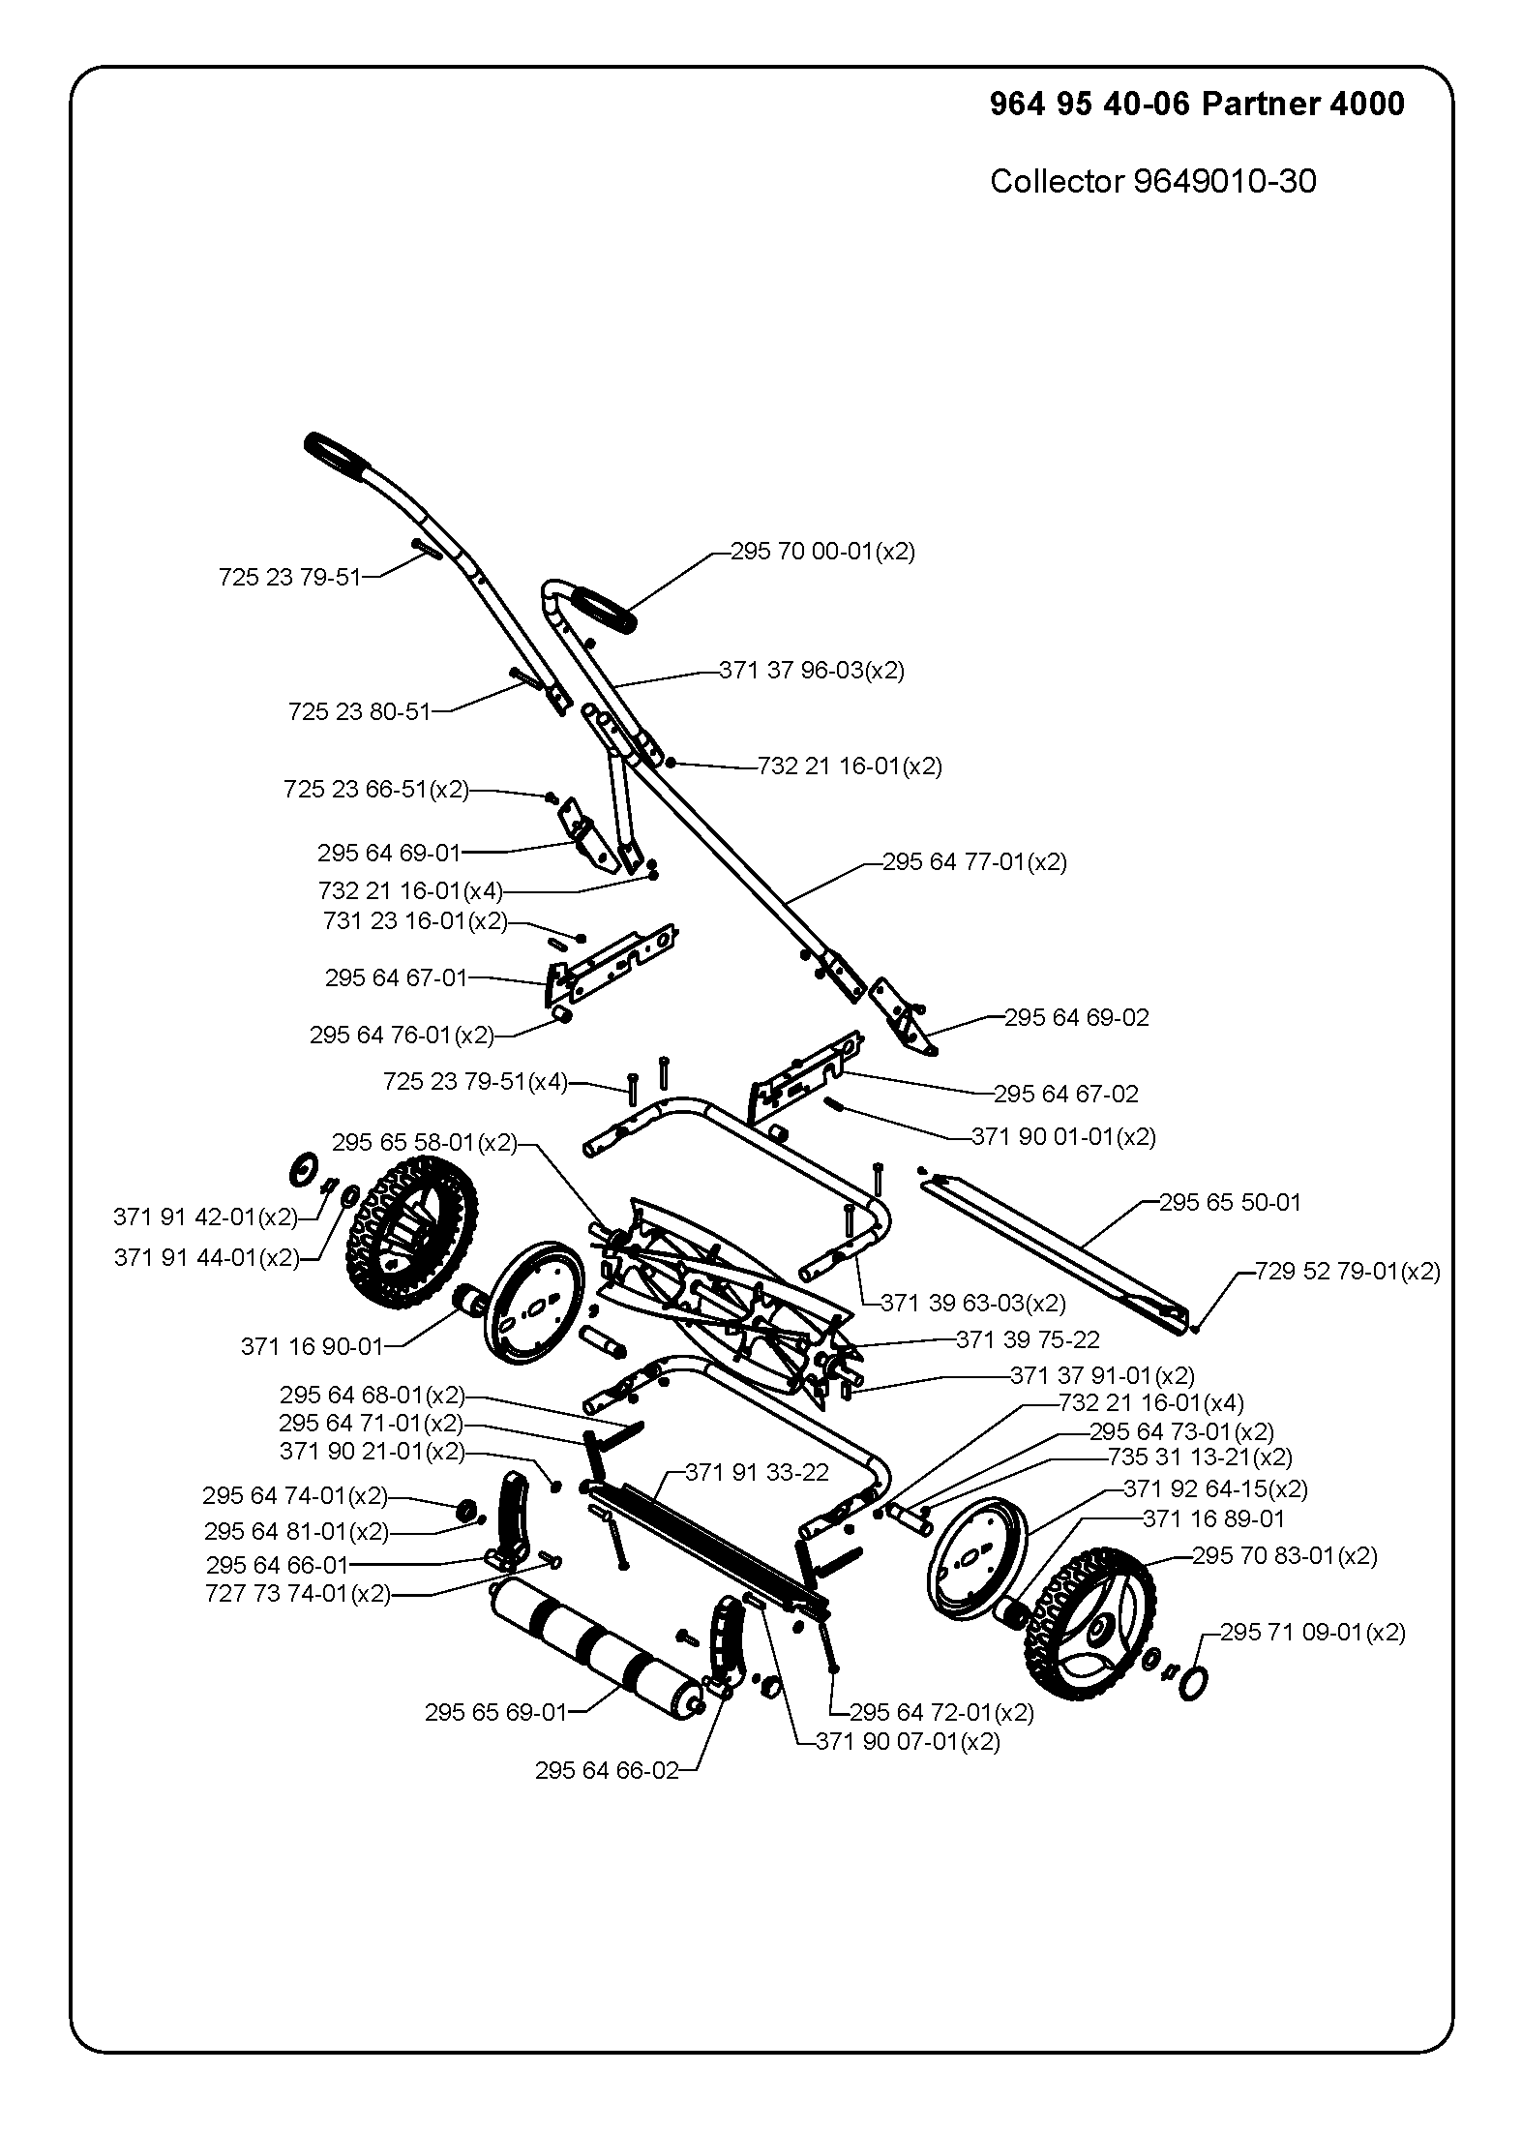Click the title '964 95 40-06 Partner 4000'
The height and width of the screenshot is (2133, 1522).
[x=1197, y=104]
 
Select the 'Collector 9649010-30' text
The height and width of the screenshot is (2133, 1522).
[x=1152, y=181]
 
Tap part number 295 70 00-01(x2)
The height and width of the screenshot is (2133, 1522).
[x=822, y=552]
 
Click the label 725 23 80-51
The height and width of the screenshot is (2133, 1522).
[x=359, y=712]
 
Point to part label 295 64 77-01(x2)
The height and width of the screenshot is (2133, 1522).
[x=974, y=861]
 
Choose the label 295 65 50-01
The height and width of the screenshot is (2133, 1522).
[x=1230, y=1202]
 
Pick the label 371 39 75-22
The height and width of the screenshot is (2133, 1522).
[x=1028, y=1339]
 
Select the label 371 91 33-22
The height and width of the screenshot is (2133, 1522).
[x=757, y=1473]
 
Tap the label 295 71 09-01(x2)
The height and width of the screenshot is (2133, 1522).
[x=1312, y=1632]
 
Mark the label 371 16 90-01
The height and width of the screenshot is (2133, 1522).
[x=312, y=1346]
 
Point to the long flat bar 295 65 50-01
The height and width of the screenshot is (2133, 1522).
[x=1056, y=1255]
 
